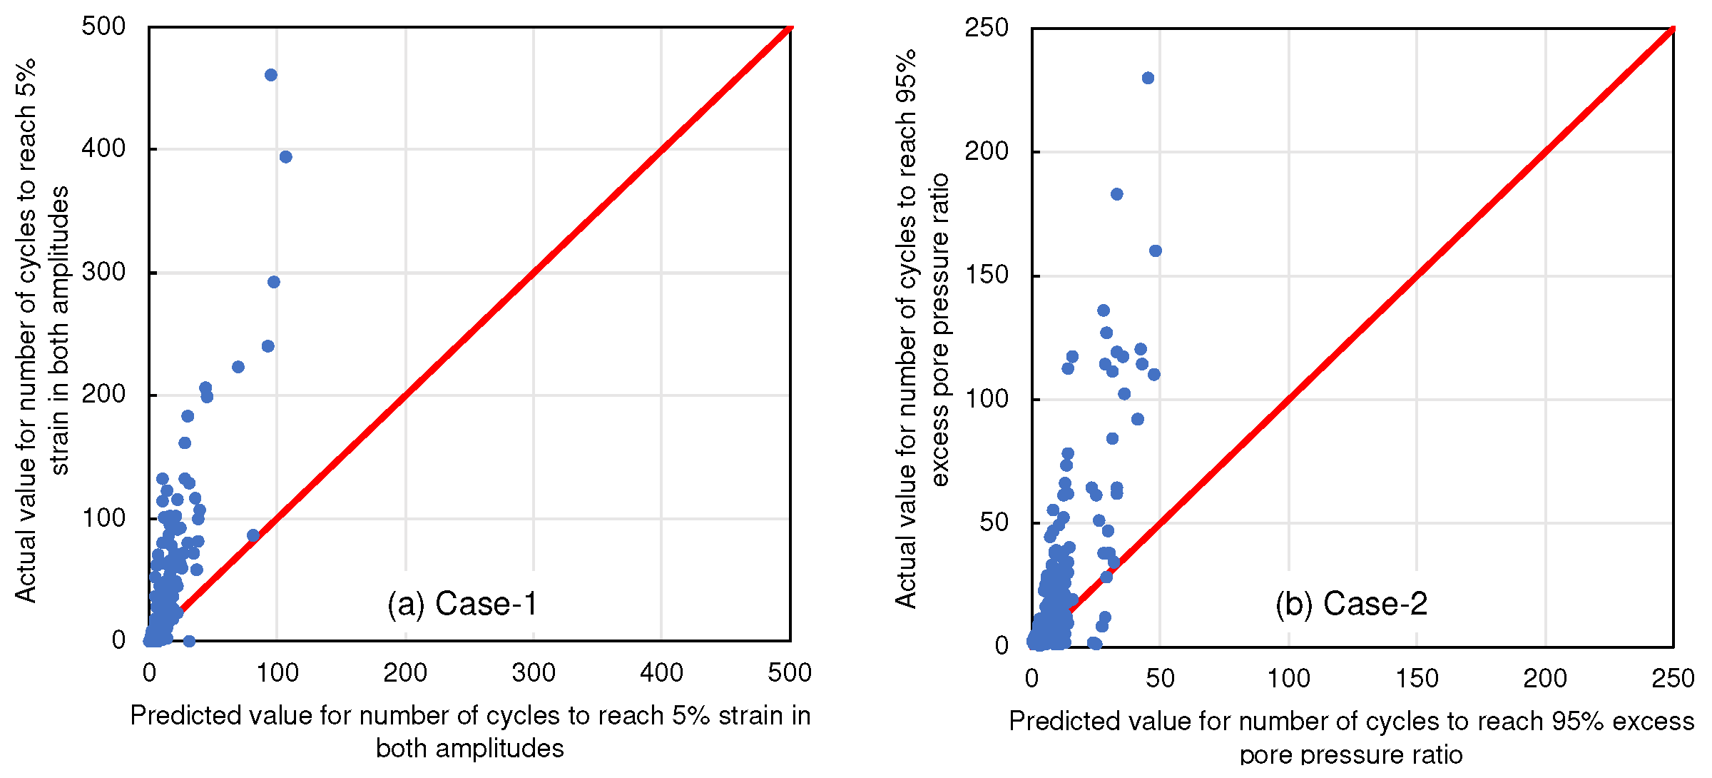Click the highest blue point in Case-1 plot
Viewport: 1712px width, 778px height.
271,75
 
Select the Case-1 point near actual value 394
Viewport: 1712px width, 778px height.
286,157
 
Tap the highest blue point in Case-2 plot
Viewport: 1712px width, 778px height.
1148,78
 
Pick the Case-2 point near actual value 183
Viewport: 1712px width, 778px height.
1117,194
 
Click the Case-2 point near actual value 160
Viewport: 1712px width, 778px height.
1156,251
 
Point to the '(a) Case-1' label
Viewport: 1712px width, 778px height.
462,604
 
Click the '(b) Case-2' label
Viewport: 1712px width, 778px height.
1351,604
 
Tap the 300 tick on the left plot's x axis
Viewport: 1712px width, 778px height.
534,673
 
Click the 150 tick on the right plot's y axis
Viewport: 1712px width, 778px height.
987,275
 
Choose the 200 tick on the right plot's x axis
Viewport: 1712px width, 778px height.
1545,678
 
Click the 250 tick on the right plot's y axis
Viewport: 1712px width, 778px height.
987,28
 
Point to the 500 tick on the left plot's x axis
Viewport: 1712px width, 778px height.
790,673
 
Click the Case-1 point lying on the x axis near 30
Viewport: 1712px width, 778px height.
189,641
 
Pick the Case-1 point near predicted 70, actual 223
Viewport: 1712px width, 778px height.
238,367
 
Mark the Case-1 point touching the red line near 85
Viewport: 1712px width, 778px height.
253,535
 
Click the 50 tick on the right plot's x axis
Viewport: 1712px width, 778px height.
1160,678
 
